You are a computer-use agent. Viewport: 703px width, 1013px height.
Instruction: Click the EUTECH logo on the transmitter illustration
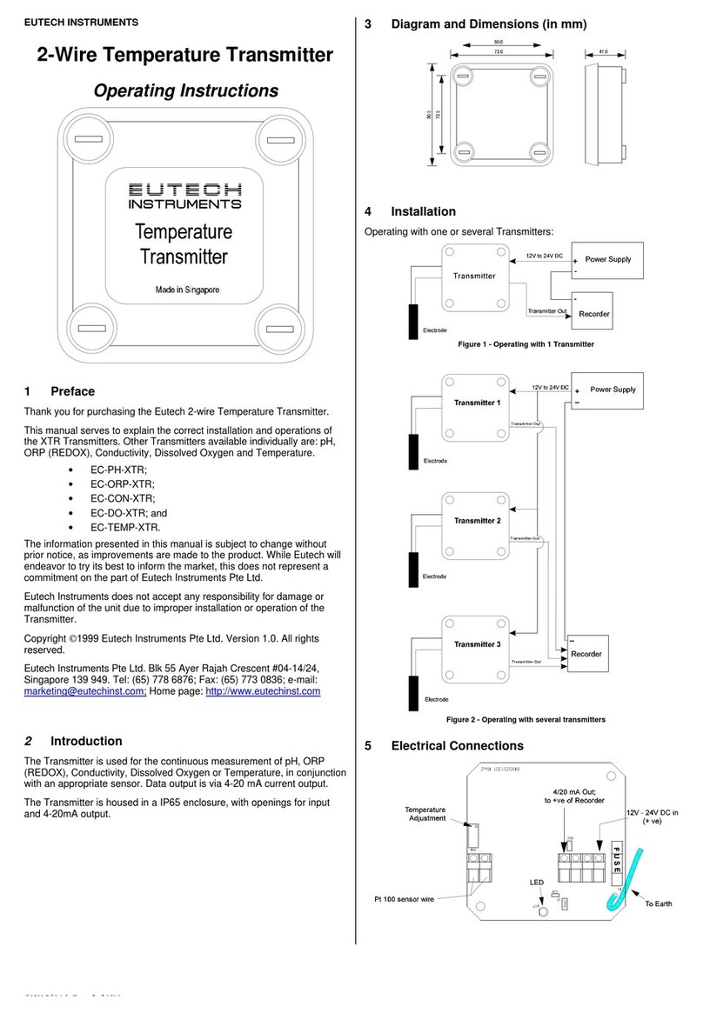(184, 190)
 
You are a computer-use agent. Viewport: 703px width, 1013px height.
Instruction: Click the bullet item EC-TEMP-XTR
(126, 528)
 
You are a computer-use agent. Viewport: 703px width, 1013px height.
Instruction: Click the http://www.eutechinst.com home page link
(262, 691)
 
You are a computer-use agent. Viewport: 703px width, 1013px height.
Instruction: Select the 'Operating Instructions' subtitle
(185, 91)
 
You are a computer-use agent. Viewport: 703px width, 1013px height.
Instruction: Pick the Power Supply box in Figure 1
(607, 260)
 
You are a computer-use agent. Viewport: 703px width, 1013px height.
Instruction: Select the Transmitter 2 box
(475, 521)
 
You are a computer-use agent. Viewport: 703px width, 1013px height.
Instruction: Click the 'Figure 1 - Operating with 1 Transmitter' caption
(526, 344)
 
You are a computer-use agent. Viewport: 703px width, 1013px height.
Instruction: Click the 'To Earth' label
(658, 903)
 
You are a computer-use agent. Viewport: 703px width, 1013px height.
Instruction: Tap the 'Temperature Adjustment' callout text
(425, 814)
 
